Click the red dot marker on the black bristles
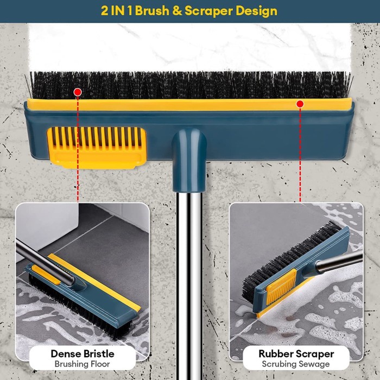click(x=78, y=92)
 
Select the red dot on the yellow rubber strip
click(x=300, y=103)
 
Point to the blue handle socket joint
click(x=189, y=155)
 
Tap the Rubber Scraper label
click(x=296, y=353)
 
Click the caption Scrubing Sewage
click(x=296, y=364)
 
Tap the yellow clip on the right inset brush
click(x=286, y=283)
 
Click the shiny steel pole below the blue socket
click(x=189, y=271)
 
